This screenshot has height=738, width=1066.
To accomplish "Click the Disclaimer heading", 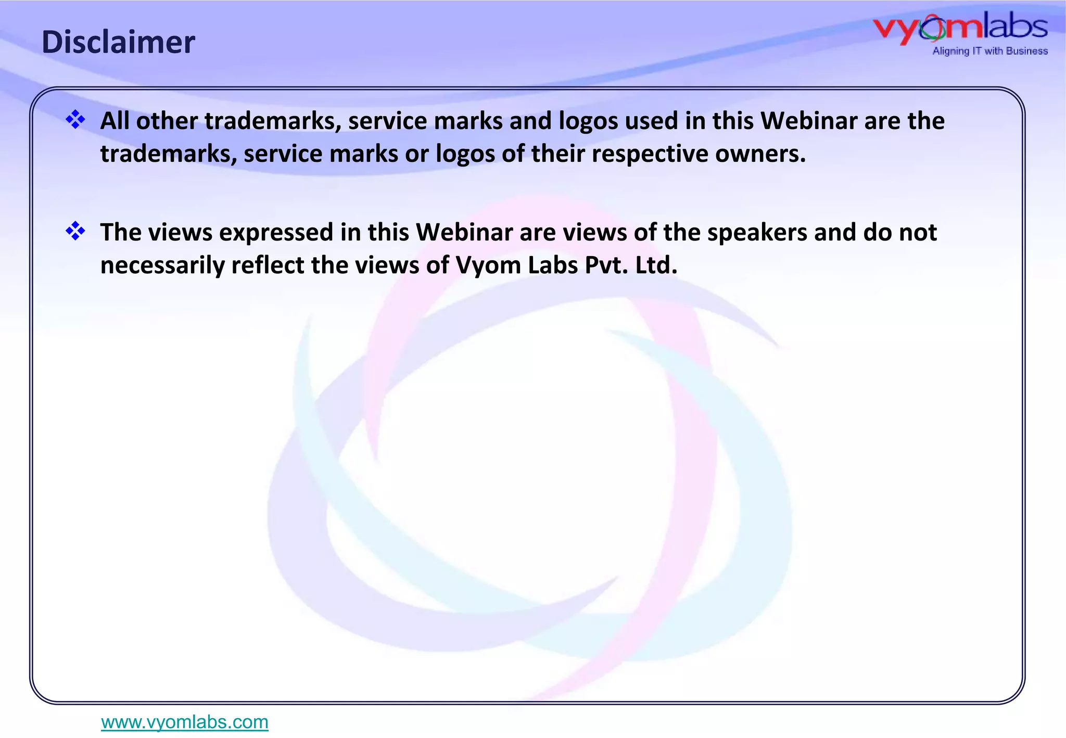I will [118, 42].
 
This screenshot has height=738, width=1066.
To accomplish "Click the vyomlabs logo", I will [960, 29].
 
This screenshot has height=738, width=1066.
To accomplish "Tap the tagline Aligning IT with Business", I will [989, 51].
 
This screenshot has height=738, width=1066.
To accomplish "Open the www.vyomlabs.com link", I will [185, 722].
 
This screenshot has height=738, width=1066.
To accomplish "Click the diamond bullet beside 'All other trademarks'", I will [75, 120].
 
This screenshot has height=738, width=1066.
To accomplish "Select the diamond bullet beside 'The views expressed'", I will [75, 231].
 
